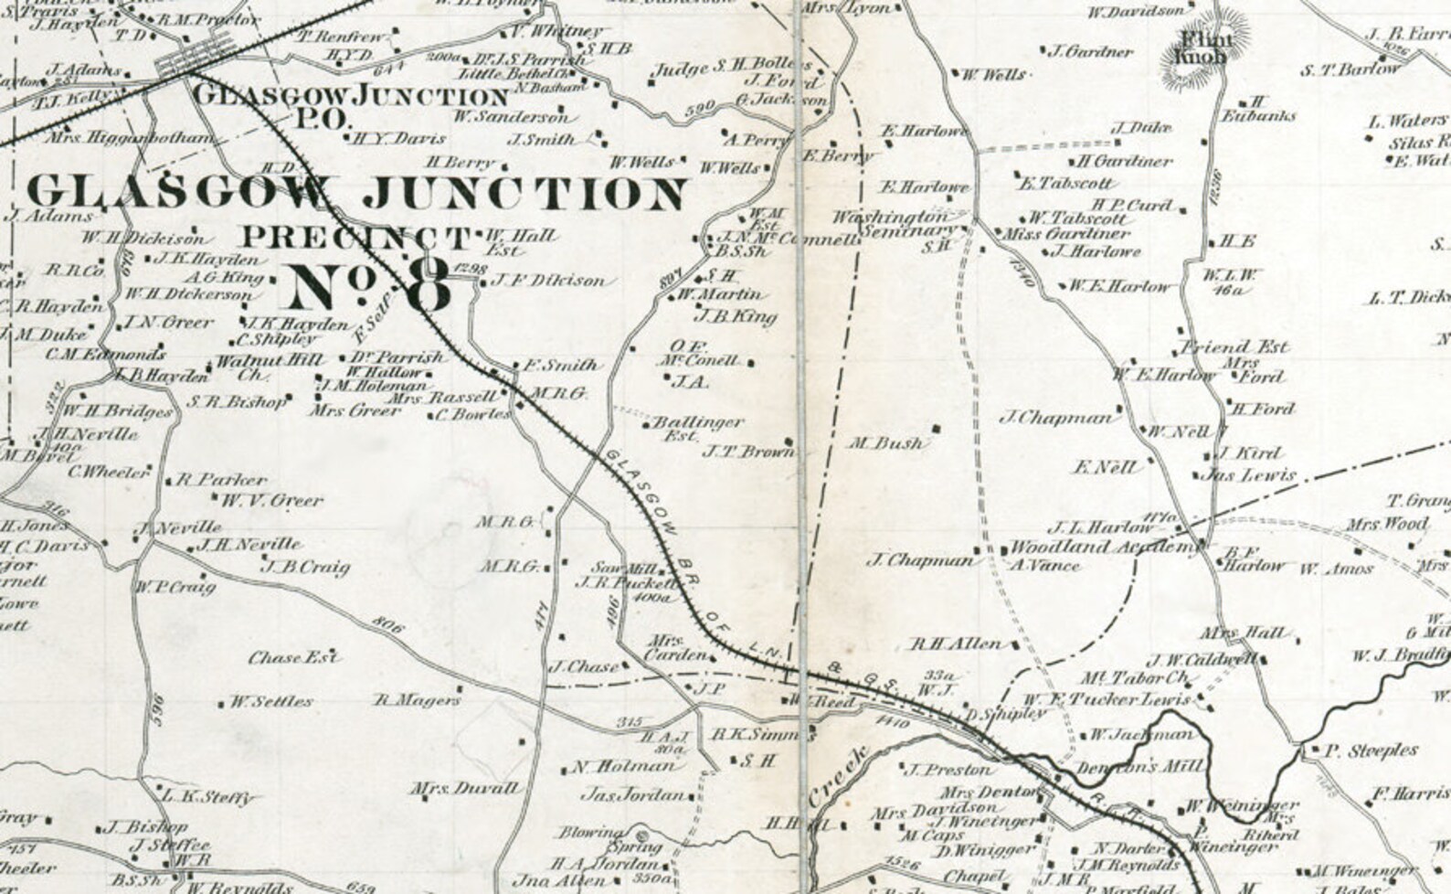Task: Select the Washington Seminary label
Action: click(895, 225)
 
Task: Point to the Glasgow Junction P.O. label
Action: click(351, 105)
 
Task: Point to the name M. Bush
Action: click(885, 443)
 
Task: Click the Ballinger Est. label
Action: click(694, 429)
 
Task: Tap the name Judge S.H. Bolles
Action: click(731, 69)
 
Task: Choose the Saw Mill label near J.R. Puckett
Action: click(614, 567)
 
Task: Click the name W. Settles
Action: click(270, 702)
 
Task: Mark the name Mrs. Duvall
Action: click(464, 787)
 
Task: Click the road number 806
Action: click(388, 626)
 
